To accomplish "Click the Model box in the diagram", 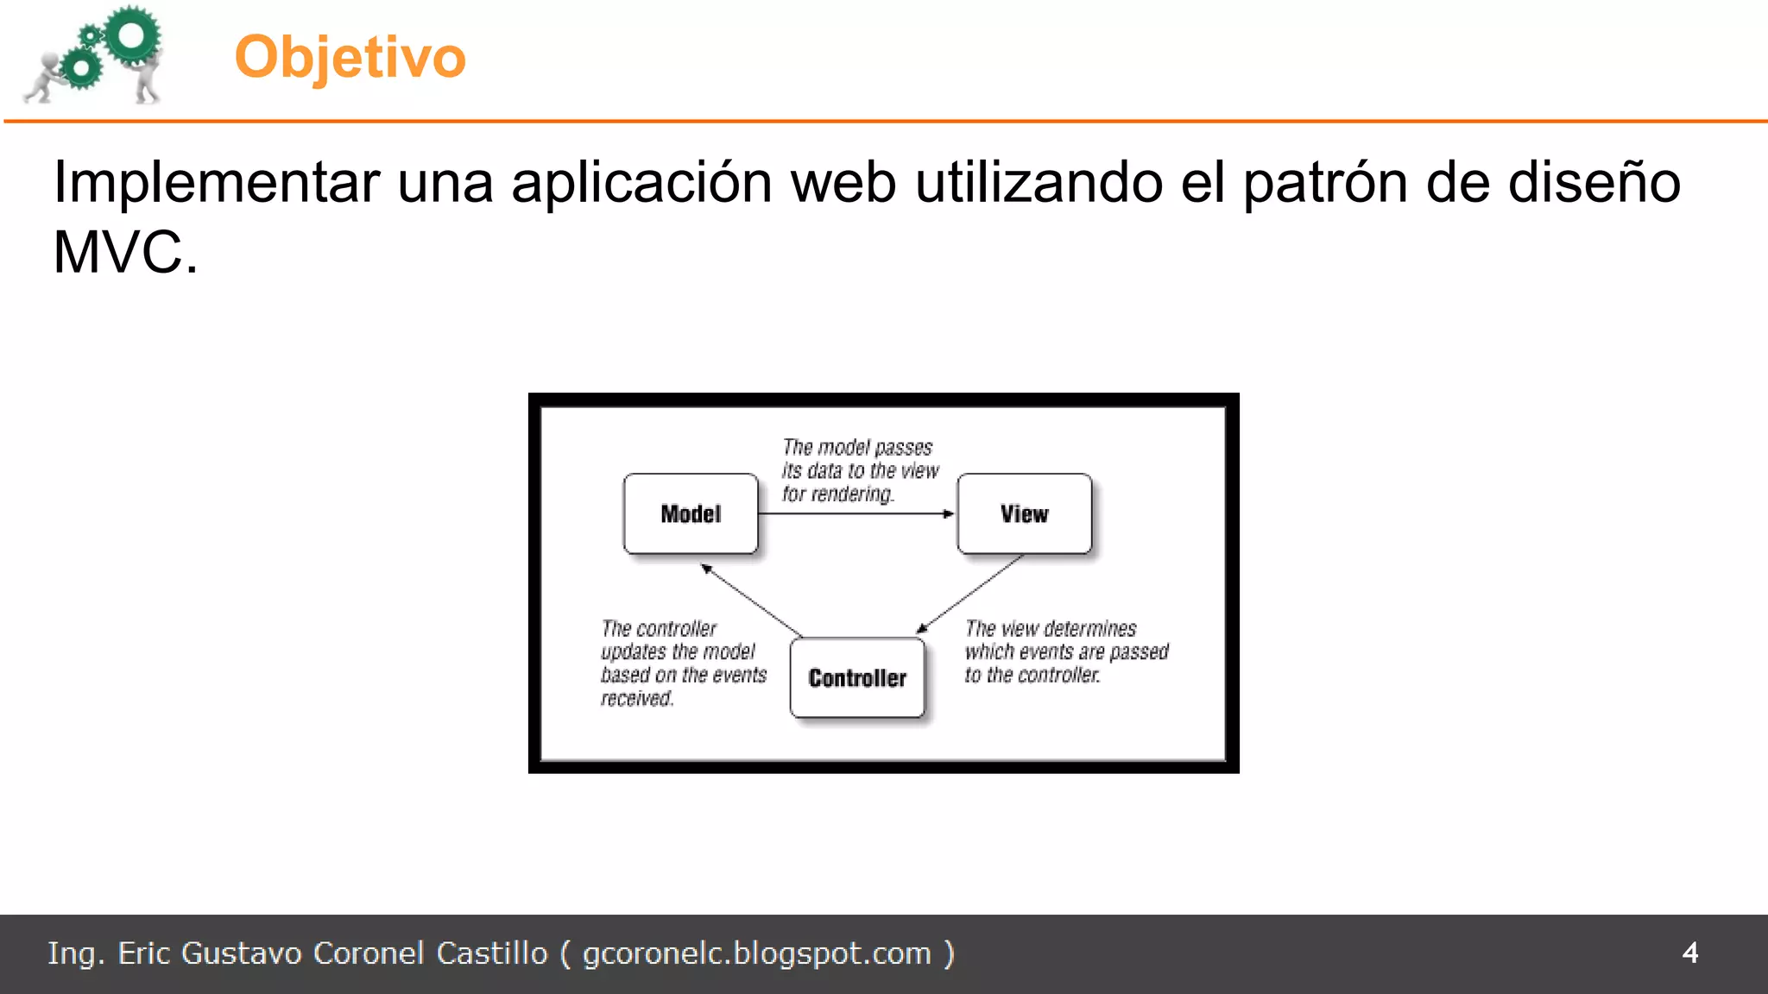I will (x=691, y=513).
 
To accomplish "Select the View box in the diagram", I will (x=1024, y=513).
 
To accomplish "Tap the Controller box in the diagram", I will (x=857, y=678).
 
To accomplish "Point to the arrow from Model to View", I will (x=855, y=513).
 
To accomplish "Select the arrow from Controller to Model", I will (x=751, y=601).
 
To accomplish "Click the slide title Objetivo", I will (x=350, y=57).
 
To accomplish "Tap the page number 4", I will (x=1689, y=953).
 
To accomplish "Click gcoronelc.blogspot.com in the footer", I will (x=756, y=953).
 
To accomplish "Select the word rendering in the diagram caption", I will (x=850, y=494).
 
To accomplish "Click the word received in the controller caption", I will (x=636, y=699).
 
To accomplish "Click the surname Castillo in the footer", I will (x=491, y=953).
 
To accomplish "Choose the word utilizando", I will (x=1039, y=183).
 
